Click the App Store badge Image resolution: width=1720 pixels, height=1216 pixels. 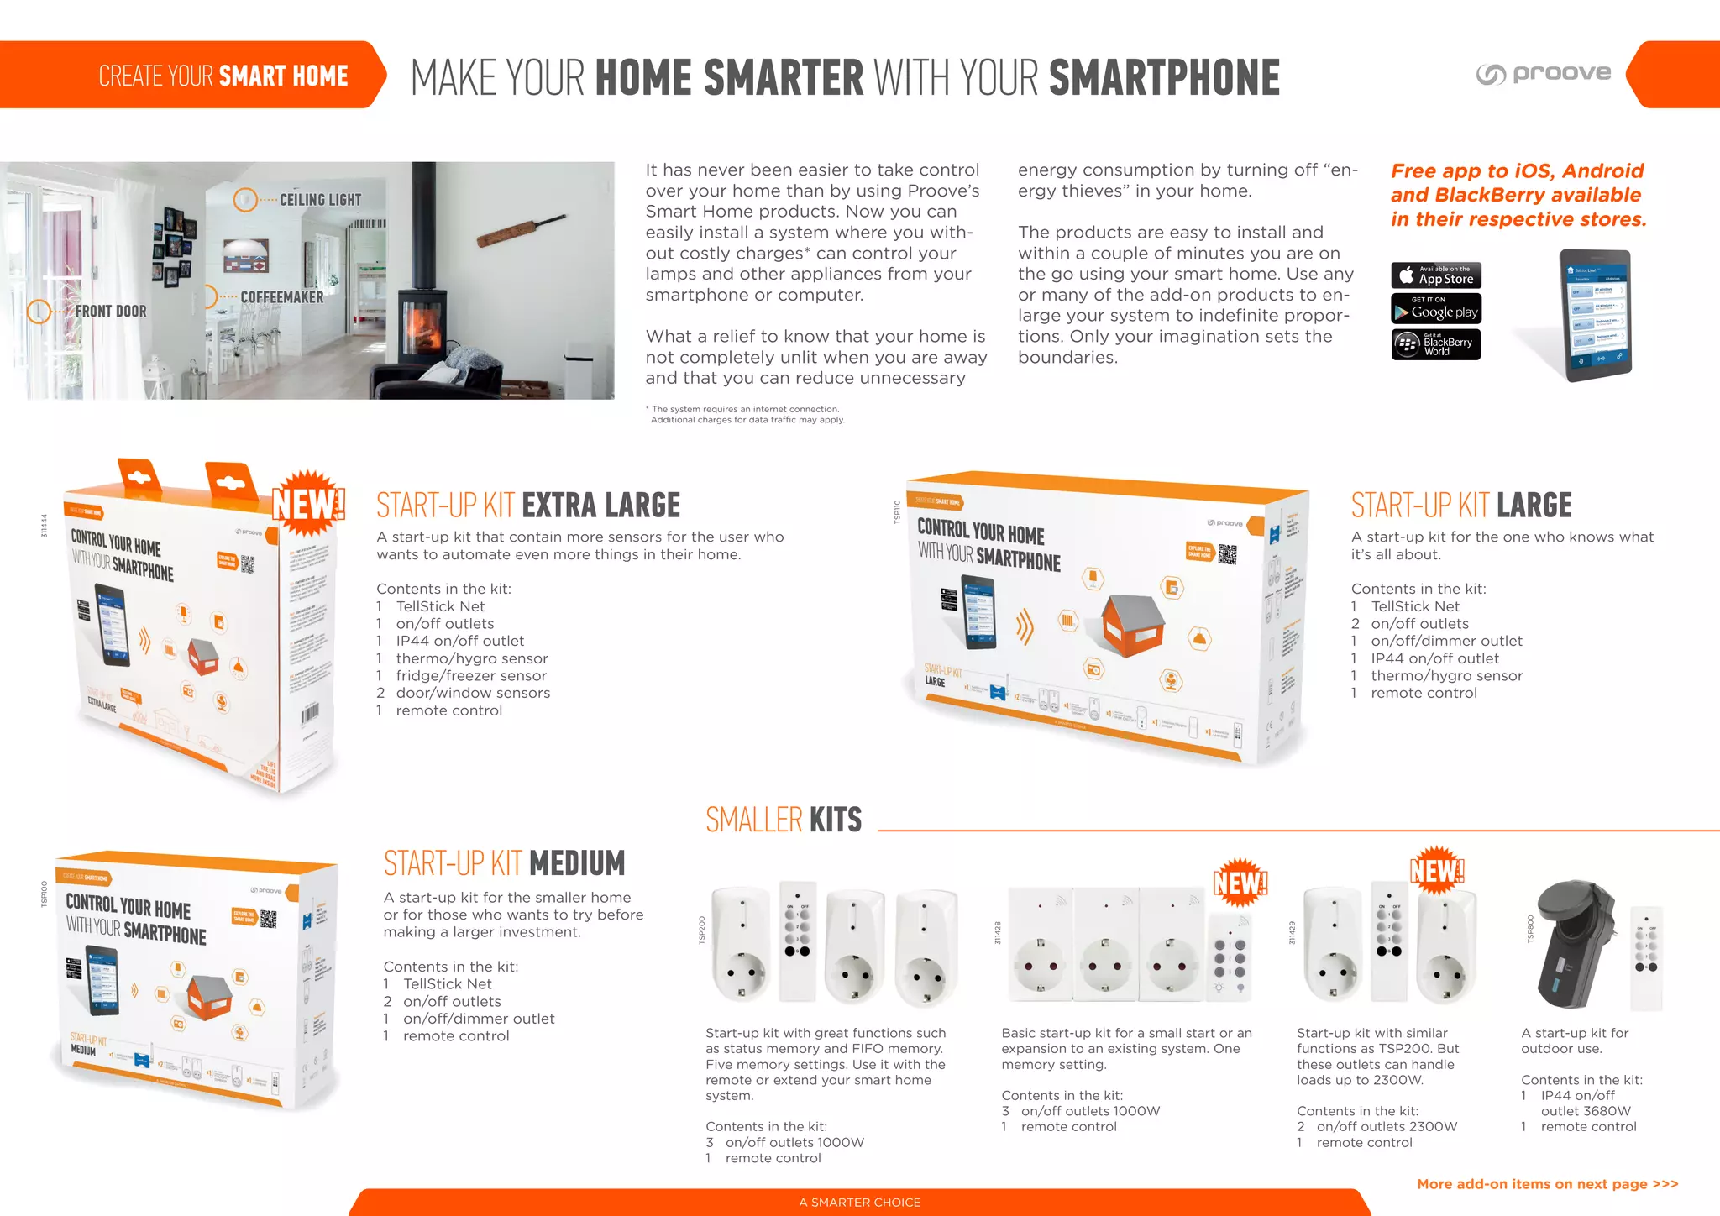click(x=1435, y=275)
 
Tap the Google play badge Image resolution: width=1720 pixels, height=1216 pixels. click(x=1435, y=309)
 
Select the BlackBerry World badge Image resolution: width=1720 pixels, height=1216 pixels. click(x=1435, y=344)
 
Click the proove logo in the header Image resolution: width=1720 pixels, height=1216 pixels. click(x=1544, y=74)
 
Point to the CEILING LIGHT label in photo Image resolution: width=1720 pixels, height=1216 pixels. click(x=319, y=200)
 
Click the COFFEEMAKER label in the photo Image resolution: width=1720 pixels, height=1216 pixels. click(x=281, y=297)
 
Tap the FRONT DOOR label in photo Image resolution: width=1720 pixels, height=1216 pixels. click(x=110, y=312)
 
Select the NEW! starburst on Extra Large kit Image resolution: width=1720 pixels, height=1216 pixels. click(x=309, y=504)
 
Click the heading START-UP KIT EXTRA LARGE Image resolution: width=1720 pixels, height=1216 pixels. click(x=527, y=506)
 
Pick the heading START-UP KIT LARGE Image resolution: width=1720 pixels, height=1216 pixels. click(x=1460, y=506)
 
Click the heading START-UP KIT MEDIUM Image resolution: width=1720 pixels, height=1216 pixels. click(x=504, y=863)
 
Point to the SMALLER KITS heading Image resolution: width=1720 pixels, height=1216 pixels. click(x=783, y=820)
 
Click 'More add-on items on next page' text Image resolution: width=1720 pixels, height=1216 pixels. click(x=1547, y=1184)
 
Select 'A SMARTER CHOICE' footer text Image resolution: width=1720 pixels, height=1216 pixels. click(x=859, y=1203)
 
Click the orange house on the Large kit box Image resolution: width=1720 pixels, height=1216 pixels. click(x=1134, y=623)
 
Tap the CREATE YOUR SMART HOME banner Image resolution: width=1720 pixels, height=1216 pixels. click(x=223, y=76)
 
